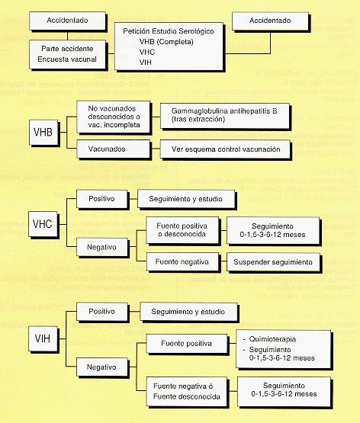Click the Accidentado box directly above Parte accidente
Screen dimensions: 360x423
tap(67, 21)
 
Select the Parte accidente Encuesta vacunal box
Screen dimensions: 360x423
tap(67, 54)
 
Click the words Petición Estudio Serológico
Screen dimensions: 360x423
tap(169, 31)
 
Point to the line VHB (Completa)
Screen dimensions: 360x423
tap(166, 42)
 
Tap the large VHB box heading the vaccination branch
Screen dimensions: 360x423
tap(43, 132)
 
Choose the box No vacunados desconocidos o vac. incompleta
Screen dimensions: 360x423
tap(114, 117)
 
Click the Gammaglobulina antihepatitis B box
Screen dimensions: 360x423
tap(224, 115)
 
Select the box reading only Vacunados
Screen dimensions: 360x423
tap(114, 149)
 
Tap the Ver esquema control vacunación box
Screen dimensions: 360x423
tap(225, 149)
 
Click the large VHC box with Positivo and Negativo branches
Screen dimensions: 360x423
tap(43, 224)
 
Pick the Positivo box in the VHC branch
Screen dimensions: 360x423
tap(101, 199)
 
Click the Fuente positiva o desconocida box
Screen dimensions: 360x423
tap(182, 230)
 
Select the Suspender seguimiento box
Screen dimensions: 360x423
tap(273, 262)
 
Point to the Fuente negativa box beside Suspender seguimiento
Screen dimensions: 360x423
tap(182, 261)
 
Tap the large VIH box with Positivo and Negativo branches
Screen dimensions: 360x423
tap(43, 338)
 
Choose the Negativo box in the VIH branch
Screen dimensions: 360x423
tap(101, 367)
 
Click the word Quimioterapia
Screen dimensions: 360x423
tap(272, 339)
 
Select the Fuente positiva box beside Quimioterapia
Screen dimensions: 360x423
tap(186, 344)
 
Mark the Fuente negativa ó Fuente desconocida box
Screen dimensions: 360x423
tap(186, 392)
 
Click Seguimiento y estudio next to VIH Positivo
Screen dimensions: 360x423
tap(188, 312)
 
